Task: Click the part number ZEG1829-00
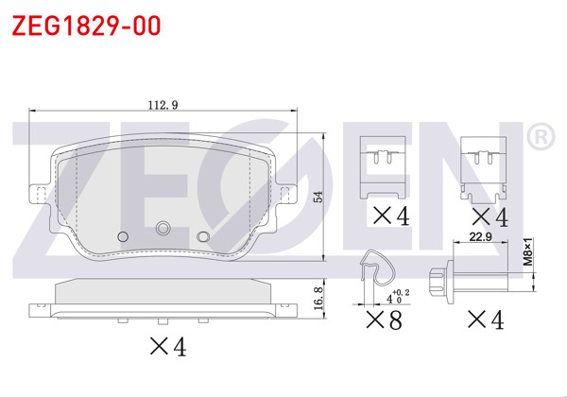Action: [x=86, y=26]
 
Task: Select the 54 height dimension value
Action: [x=318, y=197]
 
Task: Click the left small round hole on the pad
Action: [x=120, y=235]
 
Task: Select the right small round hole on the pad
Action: [x=201, y=235]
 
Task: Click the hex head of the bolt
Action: [x=437, y=281]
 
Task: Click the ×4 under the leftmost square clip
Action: [x=389, y=216]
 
